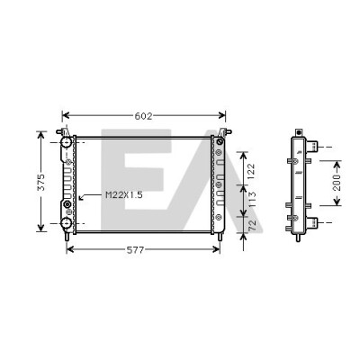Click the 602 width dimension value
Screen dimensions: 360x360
coord(143,116)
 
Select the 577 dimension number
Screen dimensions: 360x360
coord(135,250)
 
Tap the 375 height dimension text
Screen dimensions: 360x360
coord(40,182)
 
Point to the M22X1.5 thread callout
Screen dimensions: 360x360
coord(124,195)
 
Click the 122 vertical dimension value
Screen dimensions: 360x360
coord(251,171)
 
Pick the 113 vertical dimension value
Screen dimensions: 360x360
coord(252,200)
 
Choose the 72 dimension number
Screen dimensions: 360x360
coord(252,225)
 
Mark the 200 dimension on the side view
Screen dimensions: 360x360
coord(337,183)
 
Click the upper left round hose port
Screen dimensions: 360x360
coord(66,142)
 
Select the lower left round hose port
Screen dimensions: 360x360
coord(66,223)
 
